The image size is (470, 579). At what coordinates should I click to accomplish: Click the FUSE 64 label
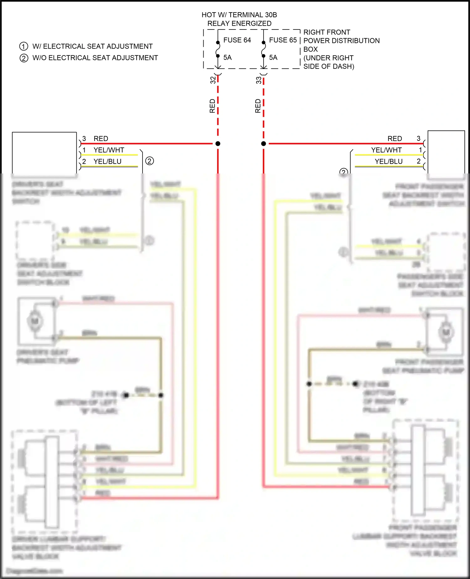237,40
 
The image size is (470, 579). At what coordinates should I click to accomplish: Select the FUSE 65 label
283,40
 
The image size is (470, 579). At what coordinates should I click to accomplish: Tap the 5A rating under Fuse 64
227,57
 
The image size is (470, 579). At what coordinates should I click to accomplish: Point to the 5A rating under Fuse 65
273,57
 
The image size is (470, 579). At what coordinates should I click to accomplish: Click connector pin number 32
213,80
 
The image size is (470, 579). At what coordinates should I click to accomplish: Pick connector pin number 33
258,80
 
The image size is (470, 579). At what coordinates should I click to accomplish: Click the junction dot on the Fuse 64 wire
218,144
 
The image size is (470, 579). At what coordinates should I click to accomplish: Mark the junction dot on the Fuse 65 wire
264,144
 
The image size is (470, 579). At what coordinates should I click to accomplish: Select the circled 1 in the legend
24,46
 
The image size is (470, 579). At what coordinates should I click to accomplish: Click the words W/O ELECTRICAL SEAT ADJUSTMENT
95,58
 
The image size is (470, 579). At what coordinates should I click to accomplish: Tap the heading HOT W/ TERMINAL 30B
239,15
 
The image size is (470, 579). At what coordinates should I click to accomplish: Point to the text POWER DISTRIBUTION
342,41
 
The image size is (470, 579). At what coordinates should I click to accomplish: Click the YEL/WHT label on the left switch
109,150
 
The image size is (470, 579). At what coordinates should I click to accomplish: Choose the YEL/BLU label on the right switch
389,161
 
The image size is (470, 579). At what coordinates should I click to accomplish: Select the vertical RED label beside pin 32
212,106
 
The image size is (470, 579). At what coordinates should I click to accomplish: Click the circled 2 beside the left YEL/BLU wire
149,161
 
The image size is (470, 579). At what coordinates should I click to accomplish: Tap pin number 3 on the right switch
418,138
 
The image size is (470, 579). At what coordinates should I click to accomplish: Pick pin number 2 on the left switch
84,161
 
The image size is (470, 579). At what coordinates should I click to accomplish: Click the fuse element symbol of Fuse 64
218,49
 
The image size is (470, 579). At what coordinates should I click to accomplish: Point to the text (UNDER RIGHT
328,58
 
